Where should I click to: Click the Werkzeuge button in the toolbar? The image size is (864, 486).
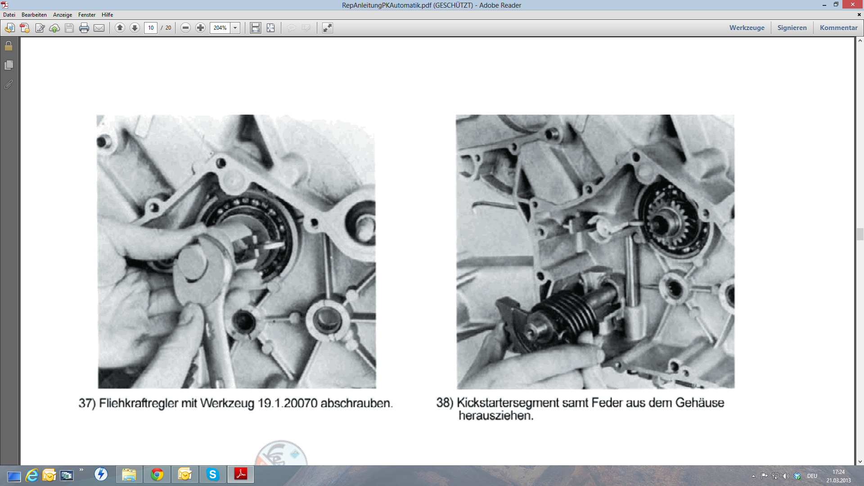747,28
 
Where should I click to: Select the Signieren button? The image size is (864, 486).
792,28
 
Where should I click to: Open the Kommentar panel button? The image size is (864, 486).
838,28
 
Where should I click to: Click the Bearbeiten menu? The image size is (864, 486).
34,15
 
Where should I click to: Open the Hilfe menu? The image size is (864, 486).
107,15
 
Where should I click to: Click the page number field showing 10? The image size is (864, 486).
151,28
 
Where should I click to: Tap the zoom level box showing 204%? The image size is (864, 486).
220,28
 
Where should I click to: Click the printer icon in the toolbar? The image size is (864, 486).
84,28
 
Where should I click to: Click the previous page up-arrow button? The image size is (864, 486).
120,28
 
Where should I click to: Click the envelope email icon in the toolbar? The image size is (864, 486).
99,28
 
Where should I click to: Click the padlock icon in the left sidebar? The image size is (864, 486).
9,46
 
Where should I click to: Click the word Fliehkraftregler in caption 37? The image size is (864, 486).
139,403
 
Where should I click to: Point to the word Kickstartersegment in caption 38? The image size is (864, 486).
508,403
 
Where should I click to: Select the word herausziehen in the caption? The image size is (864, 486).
496,416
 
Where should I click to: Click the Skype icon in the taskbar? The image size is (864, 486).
213,474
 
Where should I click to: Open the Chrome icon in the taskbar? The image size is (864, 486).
157,474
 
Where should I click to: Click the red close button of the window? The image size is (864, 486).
852,4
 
